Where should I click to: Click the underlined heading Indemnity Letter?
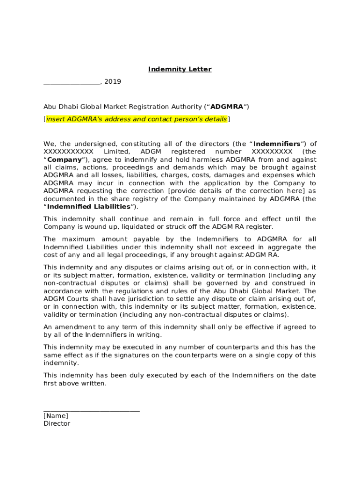(x=180, y=69)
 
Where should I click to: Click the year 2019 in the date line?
(x=113, y=81)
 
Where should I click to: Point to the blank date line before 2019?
(x=72, y=83)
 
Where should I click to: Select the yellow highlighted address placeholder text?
(x=136, y=119)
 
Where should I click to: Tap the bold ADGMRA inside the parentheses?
(x=227, y=107)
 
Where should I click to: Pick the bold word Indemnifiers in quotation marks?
(x=277, y=144)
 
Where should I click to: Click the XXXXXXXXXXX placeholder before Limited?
(x=68, y=152)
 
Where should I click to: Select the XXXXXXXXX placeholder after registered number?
(x=272, y=152)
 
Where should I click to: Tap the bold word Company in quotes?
(x=65, y=160)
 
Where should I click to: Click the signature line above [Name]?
(x=92, y=410)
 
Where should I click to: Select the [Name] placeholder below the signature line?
(x=56, y=416)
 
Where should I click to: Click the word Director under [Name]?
(x=57, y=424)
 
